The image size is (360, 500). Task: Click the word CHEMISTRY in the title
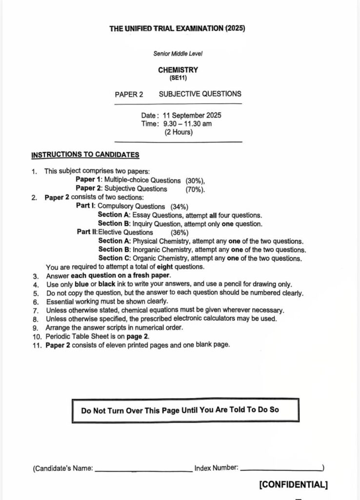click(x=178, y=70)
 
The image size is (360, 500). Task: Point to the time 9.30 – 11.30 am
click(x=187, y=124)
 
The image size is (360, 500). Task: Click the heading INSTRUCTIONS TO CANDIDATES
click(x=85, y=155)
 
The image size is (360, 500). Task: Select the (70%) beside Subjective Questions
click(x=195, y=188)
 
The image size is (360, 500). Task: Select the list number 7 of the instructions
click(x=36, y=310)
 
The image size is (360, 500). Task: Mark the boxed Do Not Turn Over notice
click(x=185, y=410)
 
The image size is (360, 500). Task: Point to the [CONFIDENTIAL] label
click(x=293, y=484)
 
